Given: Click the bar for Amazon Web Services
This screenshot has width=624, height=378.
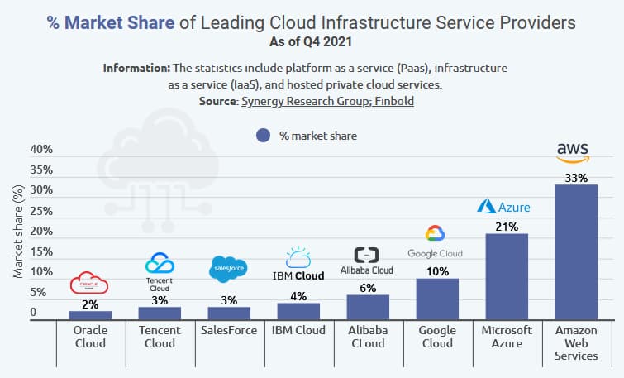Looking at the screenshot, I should [x=576, y=252].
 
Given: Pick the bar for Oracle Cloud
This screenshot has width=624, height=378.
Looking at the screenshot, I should [x=90, y=315].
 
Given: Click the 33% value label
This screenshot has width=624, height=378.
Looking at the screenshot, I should [x=576, y=178].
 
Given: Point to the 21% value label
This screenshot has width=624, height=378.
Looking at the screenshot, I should [x=507, y=226].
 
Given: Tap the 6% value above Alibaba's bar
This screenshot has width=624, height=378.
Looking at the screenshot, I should [x=368, y=288].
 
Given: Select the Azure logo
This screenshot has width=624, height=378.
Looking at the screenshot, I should [x=503, y=207].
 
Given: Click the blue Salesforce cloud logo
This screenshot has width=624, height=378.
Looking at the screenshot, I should [x=229, y=269].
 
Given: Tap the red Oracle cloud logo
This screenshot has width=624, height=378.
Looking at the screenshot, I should [x=90, y=283].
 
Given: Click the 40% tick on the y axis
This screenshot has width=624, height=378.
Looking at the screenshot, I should [x=41, y=150].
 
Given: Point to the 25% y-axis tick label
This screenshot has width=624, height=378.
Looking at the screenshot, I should [x=41, y=211].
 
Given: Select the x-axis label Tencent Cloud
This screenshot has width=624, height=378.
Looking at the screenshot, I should [x=160, y=337].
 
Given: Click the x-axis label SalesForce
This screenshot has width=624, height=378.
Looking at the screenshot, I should [x=229, y=331].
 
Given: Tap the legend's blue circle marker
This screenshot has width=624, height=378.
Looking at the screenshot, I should [x=264, y=136].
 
